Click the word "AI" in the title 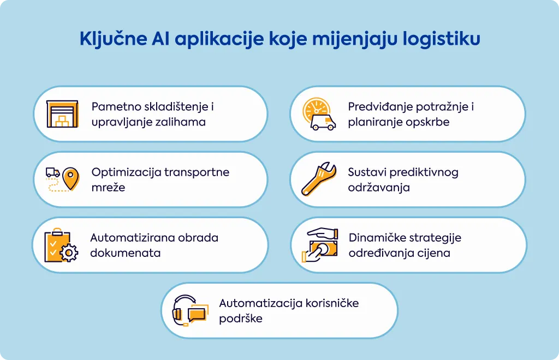coord(160,39)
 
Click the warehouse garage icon coord(62,114)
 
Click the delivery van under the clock coord(323,122)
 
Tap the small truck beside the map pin coord(52,173)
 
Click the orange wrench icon coord(319,179)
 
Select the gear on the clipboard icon coord(69,253)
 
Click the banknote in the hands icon coord(323,248)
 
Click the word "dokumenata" coord(126,253)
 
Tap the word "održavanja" coord(379,188)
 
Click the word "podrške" coord(241,319)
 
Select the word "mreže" coord(109,187)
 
